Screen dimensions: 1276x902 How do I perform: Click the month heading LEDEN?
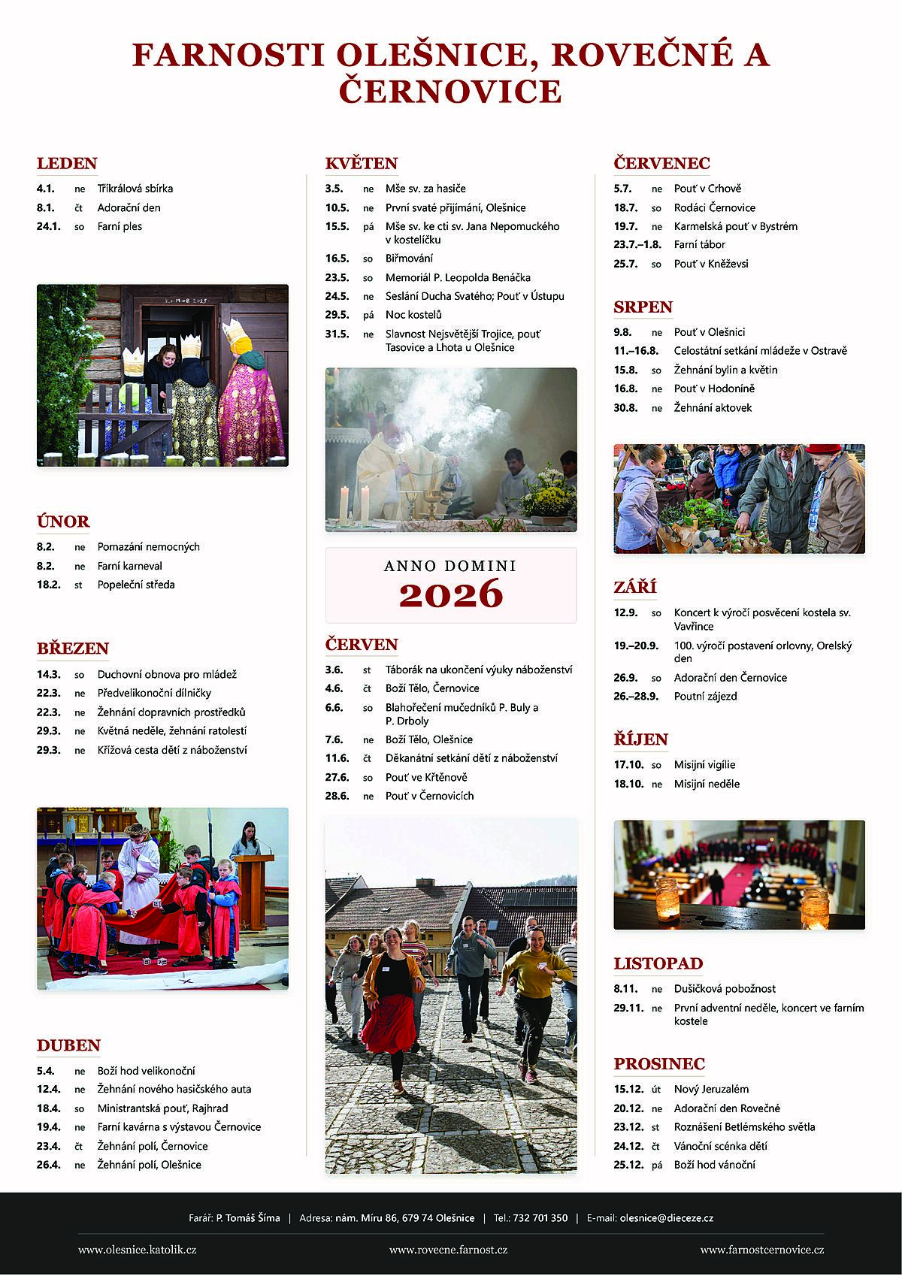tap(67, 163)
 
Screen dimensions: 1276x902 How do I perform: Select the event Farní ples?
tap(120, 226)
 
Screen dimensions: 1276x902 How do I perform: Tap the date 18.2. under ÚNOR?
tap(48, 585)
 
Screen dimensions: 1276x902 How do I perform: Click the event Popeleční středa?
tap(136, 585)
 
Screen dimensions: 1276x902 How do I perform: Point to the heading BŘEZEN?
tap(73, 649)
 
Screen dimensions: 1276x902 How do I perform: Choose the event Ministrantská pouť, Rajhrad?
tap(162, 1108)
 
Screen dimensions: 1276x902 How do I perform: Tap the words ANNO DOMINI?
tap(450, 566)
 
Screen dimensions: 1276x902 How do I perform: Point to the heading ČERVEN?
tap(362, 645)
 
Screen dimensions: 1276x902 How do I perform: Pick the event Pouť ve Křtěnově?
tap(426, 777)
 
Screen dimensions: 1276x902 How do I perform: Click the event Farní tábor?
tap(699, 244)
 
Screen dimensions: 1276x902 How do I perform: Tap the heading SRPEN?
tap(643, 307)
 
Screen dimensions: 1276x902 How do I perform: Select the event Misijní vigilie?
tap(704, 765)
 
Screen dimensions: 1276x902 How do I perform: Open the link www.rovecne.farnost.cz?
tap(448, 1250)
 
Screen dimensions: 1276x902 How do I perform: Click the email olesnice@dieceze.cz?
tap(666, 1218)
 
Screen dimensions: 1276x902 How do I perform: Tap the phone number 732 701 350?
tap(540, 1218)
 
